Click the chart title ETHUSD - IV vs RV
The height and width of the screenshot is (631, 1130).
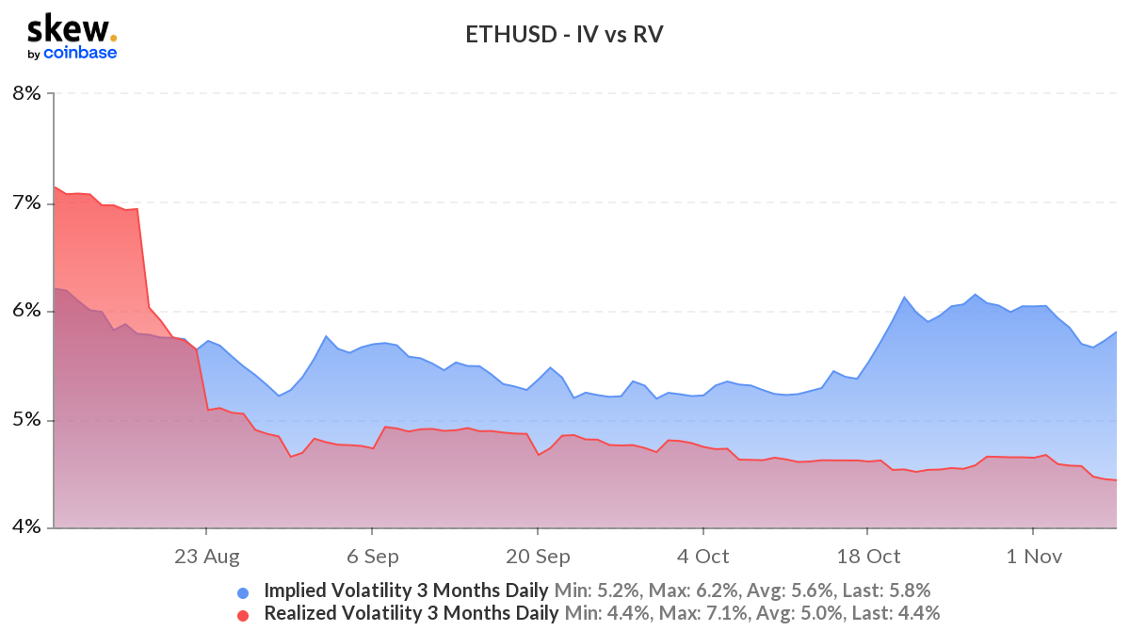click(565, 36)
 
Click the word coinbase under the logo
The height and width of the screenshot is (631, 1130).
click(80, 53)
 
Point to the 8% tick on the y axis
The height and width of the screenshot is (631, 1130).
click(26, 93)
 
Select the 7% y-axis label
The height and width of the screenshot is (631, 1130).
click(26, 202)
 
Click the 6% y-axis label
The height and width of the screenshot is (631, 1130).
click(26, 311)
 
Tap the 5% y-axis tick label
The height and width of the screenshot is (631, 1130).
click(26, 419)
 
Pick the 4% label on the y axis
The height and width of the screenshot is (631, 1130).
click(26, 527)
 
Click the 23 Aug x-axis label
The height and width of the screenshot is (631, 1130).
click(207, 557)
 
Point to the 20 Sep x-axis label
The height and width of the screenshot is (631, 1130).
click(537, 557)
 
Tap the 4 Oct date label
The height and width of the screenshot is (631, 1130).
click(702, 557)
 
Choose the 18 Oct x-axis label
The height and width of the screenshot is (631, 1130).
click(867, 557)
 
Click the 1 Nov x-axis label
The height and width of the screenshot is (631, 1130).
click(1033, 557)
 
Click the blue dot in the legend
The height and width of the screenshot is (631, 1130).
click(243, 592)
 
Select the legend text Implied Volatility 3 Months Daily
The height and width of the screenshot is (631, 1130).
click(406, 591)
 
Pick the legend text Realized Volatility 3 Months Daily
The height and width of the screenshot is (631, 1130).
click(411, 614)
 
